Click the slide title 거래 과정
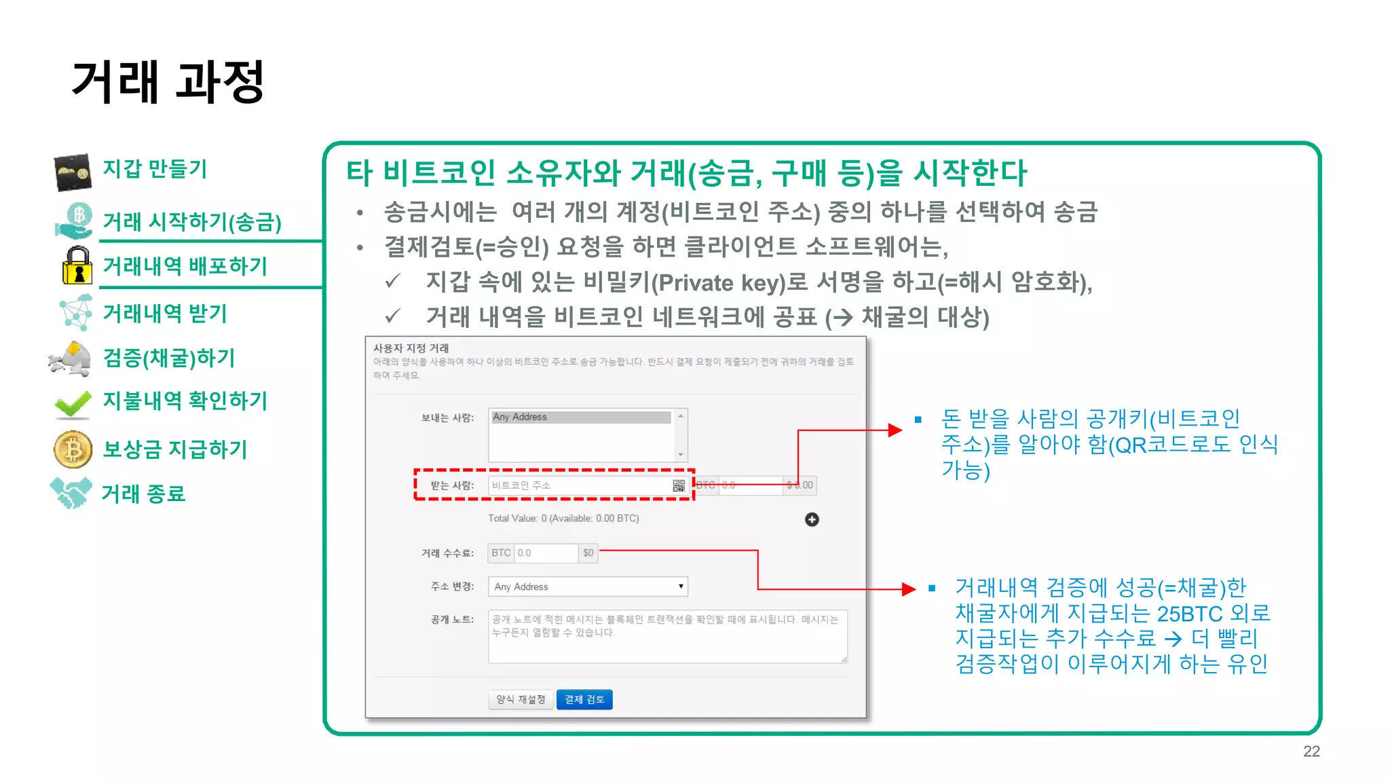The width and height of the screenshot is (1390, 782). click(x=168, y=82)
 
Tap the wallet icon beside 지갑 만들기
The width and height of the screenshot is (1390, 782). click(x=73, y=172)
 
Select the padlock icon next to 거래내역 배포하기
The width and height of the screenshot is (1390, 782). click(x=77, y=265)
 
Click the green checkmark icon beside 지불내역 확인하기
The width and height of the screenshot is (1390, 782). click(x=73, y=403)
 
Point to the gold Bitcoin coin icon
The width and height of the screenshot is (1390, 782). click(x=73, y=449)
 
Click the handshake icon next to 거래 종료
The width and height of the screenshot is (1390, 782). click(x=71, y=493)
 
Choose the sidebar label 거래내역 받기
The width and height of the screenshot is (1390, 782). click(x=165, y=314)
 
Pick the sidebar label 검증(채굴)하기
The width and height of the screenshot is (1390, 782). click(x=169, y=358)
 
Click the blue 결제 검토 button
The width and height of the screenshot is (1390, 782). click(x=584, y=699)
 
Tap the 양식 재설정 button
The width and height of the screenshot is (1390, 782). click(x=521, y=699)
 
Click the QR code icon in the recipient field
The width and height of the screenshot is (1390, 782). click(x=679, y=485)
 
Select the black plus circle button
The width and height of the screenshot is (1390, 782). click(x=812, y=519)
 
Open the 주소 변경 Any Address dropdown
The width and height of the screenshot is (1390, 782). click(x=588, y=586)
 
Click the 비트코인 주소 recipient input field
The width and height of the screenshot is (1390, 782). click(x=580, y=485)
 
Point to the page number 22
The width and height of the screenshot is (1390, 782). click(x=1311, y=751)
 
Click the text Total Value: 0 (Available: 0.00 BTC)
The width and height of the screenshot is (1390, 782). click(x=563, y=519)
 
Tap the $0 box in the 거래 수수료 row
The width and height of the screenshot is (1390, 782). click(x=588, y=553)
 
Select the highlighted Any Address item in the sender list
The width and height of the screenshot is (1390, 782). click(x=581, y=417)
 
